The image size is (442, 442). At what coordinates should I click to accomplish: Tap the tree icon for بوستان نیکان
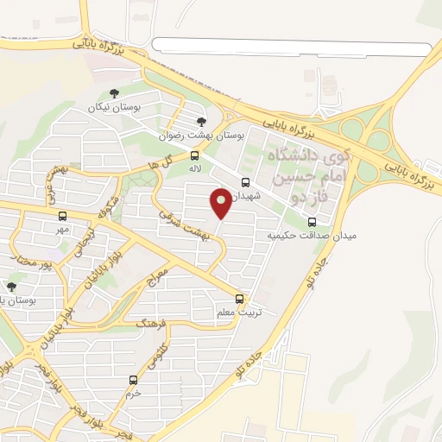point(112,94)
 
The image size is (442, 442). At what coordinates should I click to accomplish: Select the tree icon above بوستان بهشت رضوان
point(202,122)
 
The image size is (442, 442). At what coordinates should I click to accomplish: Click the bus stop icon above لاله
point(195,155)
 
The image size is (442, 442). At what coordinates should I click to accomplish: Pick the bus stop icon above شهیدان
point(246,182)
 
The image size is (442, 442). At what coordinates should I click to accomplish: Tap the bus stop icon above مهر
point(62,216)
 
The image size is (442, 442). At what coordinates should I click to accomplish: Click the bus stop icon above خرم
point(133,379)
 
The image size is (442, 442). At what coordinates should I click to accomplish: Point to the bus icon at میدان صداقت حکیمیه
point(349,220)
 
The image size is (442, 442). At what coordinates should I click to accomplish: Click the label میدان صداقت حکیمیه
point(311,234)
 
